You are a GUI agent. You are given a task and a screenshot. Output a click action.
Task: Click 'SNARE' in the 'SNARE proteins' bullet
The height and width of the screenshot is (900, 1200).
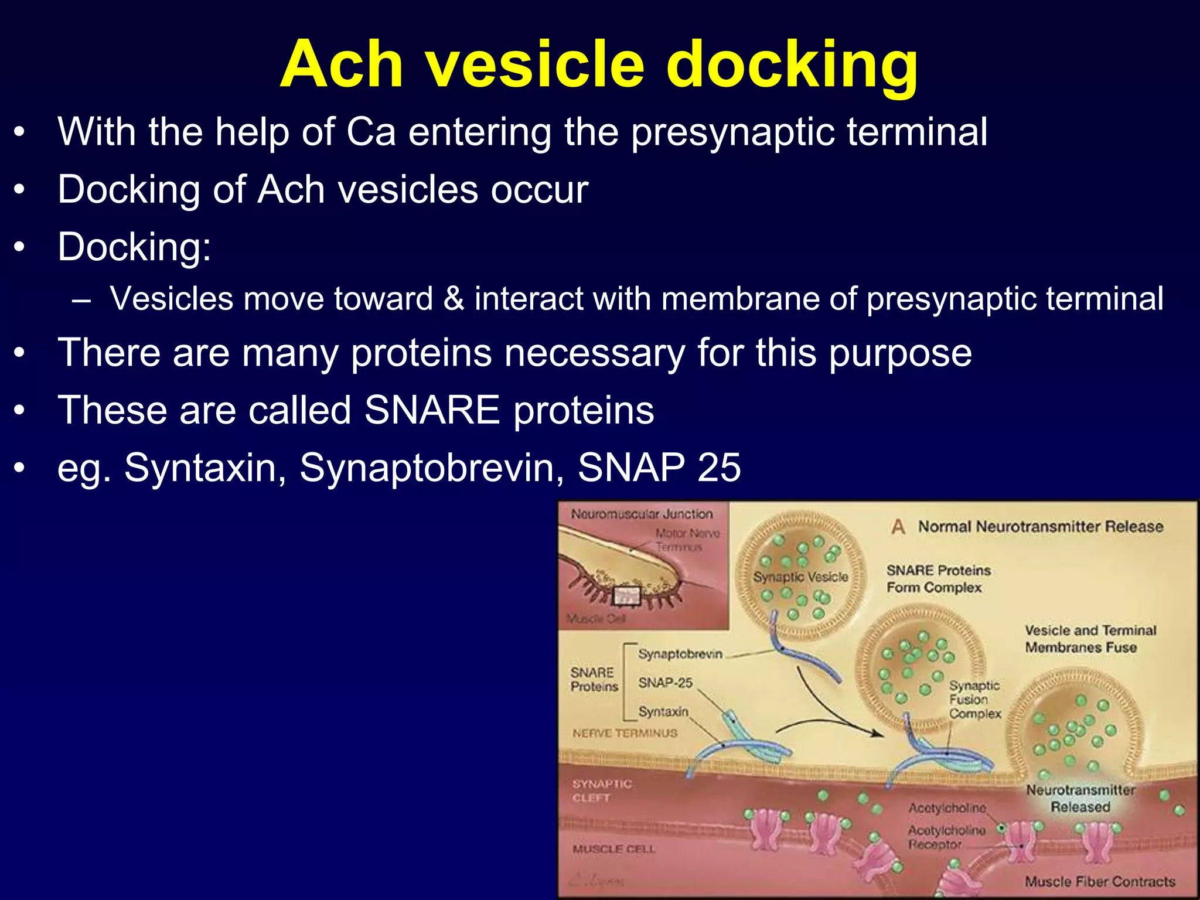(432, 410)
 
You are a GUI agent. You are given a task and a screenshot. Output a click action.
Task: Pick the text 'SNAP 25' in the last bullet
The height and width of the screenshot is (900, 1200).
(659, 468)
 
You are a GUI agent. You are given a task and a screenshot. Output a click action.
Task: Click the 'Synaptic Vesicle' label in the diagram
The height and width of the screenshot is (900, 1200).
(800, 577)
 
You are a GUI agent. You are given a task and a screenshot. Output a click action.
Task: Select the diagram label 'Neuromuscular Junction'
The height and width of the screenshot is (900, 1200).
(642, 514)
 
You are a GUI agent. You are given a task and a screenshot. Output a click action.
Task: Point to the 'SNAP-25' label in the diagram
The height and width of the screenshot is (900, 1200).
(665, 683)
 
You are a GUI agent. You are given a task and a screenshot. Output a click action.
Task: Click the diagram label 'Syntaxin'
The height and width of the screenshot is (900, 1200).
(663, 711)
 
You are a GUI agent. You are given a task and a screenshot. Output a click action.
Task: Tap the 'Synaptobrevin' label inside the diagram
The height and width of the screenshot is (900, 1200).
(680, 654)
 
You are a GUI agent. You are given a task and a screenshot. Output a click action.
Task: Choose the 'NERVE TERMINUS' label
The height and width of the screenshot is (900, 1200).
(625, 733)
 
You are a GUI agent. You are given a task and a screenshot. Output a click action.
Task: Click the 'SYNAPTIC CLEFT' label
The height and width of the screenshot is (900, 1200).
(602, 790)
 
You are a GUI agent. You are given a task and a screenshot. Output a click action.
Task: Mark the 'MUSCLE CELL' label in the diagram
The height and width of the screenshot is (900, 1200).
(613, 849)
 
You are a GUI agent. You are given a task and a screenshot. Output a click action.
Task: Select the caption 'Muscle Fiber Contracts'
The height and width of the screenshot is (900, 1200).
(1100, 881)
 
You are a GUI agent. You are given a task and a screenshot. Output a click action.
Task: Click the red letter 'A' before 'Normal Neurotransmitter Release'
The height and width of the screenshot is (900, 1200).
(898, 527)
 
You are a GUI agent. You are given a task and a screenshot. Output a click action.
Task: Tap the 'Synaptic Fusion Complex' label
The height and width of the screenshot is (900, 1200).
(975, 699)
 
